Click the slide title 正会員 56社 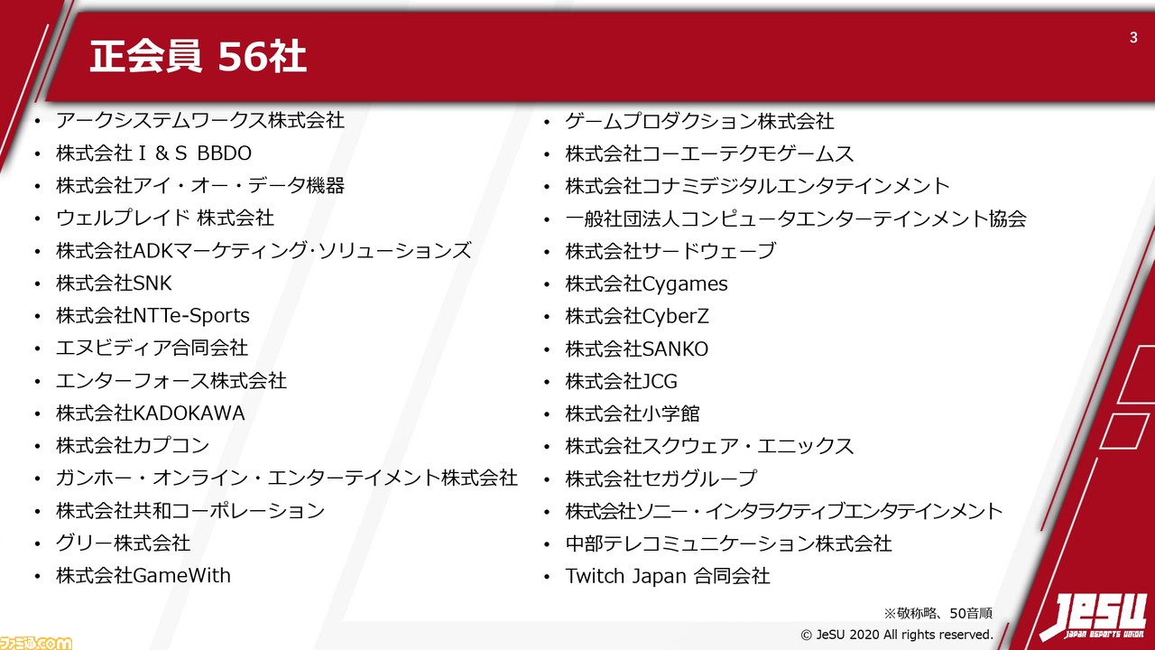tap(198, 56)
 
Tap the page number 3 tap(1133, 37)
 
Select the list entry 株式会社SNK tap(114, 283)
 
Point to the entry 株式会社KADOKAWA tap(151, 413)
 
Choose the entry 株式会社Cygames tap(647, 283)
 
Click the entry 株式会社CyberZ tap(637, 316)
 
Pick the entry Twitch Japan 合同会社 tap(668, 576)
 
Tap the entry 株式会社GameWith tap(143, 576)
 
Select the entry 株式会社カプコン tap(133, 446)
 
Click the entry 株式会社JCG tap(622, 381)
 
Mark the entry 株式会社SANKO tap(637, 348)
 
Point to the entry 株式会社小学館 tap(633, 413)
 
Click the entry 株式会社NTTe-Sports tap(152, 316)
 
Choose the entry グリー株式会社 tap(123, 543)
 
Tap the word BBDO tap(225, 153)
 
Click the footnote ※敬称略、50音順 tap(938, 613)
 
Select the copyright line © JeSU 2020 tap(897, 635)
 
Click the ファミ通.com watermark tap(36, 642)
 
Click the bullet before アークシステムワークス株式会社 tap(37, 122)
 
